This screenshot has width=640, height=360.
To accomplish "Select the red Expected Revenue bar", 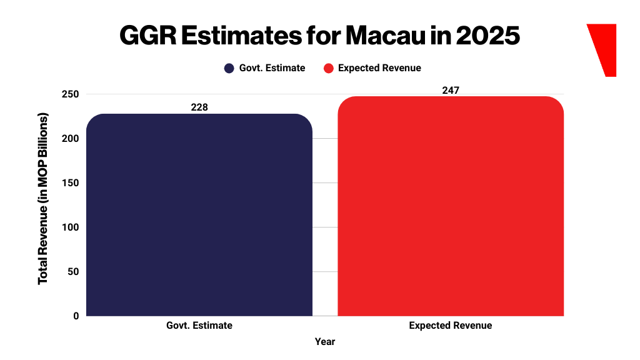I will (x=451, y=206).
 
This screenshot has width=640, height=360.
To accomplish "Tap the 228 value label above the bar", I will (x=199, y=107).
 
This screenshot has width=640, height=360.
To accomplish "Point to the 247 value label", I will (x=451, y=91).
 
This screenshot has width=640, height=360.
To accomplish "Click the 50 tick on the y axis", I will (x=73, y=272).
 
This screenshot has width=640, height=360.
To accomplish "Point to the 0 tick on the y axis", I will (x=76, y=316).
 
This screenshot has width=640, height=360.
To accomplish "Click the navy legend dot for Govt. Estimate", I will (x=229, y=68).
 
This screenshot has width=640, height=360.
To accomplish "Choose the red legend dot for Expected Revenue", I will (x=328, y=68).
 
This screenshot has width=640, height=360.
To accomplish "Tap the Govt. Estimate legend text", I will (x=272, y=68).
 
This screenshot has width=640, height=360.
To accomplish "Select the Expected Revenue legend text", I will (x=379, y=68).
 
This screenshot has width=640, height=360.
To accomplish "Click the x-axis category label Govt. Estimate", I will (x=199, y=326).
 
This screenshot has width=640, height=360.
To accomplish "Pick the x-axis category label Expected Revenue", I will (x=451, y=326).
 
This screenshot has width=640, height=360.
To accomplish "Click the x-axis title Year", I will (x=325, y=342).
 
